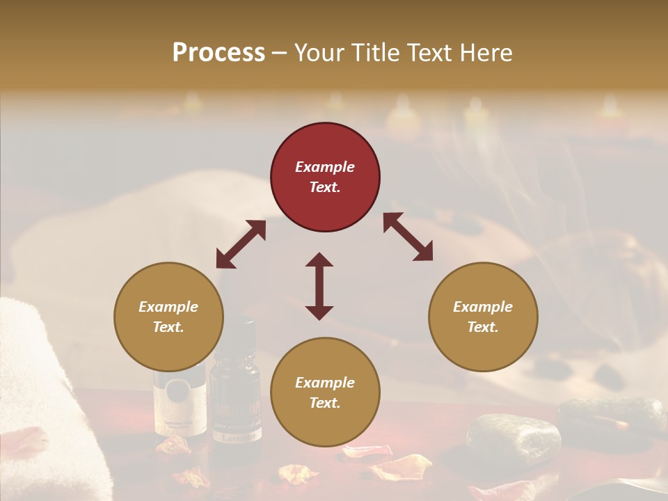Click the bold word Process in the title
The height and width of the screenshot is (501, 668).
coord(218,52)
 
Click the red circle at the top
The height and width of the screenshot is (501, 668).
coord(325,177)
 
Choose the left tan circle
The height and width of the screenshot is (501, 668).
coord(168,317)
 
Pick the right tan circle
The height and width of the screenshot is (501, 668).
coord(483,317)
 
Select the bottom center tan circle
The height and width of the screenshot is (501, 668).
coord(325,392)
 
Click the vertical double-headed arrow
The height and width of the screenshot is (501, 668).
coord(319,286)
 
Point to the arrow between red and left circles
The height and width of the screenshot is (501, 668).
coord(241,244)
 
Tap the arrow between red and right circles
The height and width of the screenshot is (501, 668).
coord(408,237)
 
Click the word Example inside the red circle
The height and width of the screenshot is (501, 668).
coord(325,167)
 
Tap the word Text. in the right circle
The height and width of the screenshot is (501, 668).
coord(483,327)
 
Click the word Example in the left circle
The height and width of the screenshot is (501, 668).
coord(168,307)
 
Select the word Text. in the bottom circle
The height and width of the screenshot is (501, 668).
coord(325,403)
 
